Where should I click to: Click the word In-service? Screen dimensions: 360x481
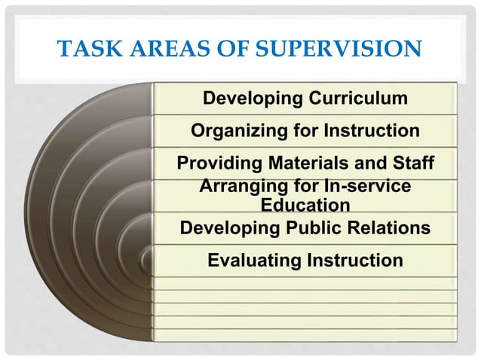[365, 186]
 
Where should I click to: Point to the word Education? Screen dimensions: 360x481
[305, 205]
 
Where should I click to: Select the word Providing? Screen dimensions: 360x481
[219, 163]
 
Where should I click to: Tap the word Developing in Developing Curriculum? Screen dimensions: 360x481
[250, 99]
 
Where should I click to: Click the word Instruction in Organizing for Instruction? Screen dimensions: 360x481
[370, 131]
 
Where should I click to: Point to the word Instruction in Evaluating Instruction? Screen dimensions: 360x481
[353, 261]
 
